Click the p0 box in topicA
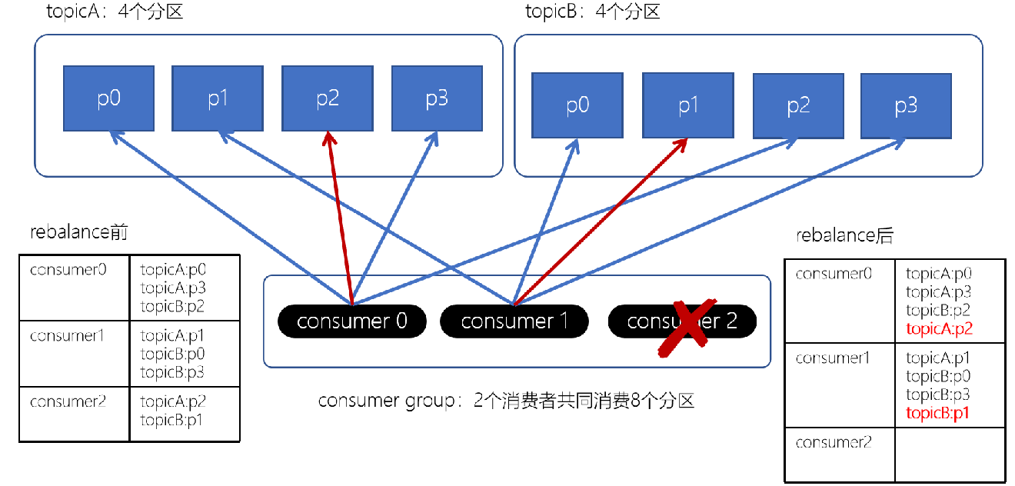tap(108, 98)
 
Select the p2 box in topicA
tap(328, 98)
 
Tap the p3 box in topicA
tap(437, 98)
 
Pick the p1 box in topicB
tap(687, 105)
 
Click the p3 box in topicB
tap(906, 106)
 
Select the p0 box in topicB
tap(577, 105)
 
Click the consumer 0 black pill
tap(351, 321)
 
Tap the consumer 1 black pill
tap(514, 321)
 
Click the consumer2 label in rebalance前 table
tap(68, 401)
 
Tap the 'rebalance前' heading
tap(78, 232)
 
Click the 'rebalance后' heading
tap(844, 236)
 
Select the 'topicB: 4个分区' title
tap(592, 12)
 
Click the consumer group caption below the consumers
tap(506, 401)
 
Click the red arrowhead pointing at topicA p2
tap(329, 138)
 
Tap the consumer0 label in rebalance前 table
tap(68, 270)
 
